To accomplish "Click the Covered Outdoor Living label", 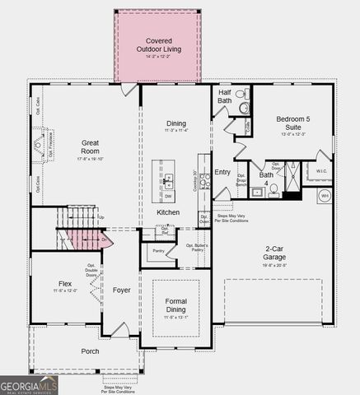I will (158, 44).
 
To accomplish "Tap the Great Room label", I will (90, 146).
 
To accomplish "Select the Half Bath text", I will (224, 97).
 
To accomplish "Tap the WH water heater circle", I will (325, 197).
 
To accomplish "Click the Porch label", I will (90, 351).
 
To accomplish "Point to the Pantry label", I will (158, 251).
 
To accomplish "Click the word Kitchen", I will (168, 212).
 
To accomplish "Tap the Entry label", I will (222, 171).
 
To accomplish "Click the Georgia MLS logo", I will (29, 385).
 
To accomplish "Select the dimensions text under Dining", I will (176, 130).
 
